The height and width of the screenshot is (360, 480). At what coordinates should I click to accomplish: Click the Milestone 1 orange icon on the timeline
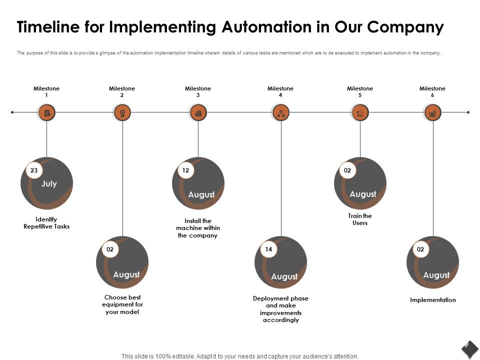pos(46,112)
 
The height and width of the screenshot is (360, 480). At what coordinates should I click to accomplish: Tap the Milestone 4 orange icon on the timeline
pos(280,112)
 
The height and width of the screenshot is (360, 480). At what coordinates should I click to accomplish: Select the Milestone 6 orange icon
pos(433,112)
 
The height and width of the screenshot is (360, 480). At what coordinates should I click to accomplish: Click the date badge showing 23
pos(34,170)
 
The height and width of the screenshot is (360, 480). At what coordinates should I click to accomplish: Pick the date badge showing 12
pos(185,170)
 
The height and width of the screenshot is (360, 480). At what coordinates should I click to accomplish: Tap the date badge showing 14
pos(268,249)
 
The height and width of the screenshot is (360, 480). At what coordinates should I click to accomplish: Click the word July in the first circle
pos(49,184)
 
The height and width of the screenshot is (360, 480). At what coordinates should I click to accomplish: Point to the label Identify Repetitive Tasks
pos(46,223)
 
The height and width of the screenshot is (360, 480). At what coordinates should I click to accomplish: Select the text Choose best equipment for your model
pos(122,304)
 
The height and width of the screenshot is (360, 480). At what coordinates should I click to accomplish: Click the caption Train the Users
pos(360,219)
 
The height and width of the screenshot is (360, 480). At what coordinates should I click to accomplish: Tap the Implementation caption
pos(433,300)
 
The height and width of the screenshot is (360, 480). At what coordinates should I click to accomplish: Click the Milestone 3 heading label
pos(198,91)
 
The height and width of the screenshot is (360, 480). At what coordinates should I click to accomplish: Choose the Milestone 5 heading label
pos(360,91)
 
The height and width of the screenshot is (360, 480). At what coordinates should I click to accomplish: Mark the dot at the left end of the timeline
pos(12,112)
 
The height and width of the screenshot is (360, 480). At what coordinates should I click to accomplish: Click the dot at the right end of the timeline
pos(468,112)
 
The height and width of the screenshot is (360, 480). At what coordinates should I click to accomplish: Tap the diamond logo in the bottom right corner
pos(469,348)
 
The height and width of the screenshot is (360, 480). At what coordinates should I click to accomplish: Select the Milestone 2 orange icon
pos(122,112)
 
